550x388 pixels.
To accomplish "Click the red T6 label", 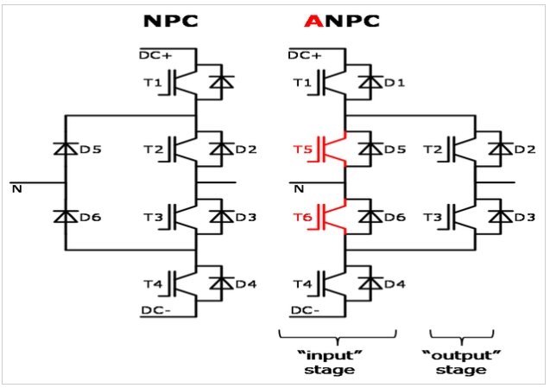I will [301, 217].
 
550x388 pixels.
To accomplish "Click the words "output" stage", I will [461, 361].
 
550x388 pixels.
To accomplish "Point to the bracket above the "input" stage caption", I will [337, 334].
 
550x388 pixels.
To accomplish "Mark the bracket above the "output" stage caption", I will [461, 334].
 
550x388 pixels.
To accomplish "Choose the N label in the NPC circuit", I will [16, 189].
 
